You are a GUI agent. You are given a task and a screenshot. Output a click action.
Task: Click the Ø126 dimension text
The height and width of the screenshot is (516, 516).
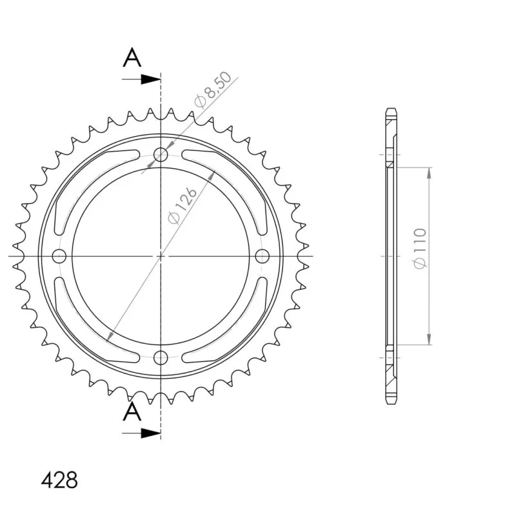click(182, 206)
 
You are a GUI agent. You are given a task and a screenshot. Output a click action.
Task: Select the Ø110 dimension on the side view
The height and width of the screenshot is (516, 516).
click(420, 248)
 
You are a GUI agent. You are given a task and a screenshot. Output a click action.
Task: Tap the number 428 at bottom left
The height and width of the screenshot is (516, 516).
click(59, 480)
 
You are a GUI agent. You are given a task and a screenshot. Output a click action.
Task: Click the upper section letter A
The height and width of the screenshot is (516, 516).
click(132, 57)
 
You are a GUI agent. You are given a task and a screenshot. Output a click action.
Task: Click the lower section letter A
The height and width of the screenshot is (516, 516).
click(132, 412)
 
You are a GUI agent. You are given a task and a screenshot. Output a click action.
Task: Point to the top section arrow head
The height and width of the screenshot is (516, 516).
click(151, 79)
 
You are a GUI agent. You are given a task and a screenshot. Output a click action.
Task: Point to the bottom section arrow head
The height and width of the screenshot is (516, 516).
click(151, 433)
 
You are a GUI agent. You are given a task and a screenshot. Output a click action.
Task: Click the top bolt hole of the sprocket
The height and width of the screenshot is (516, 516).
click(161, 154)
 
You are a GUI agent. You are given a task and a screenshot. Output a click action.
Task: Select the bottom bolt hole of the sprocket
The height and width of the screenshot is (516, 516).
click(161, 357)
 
